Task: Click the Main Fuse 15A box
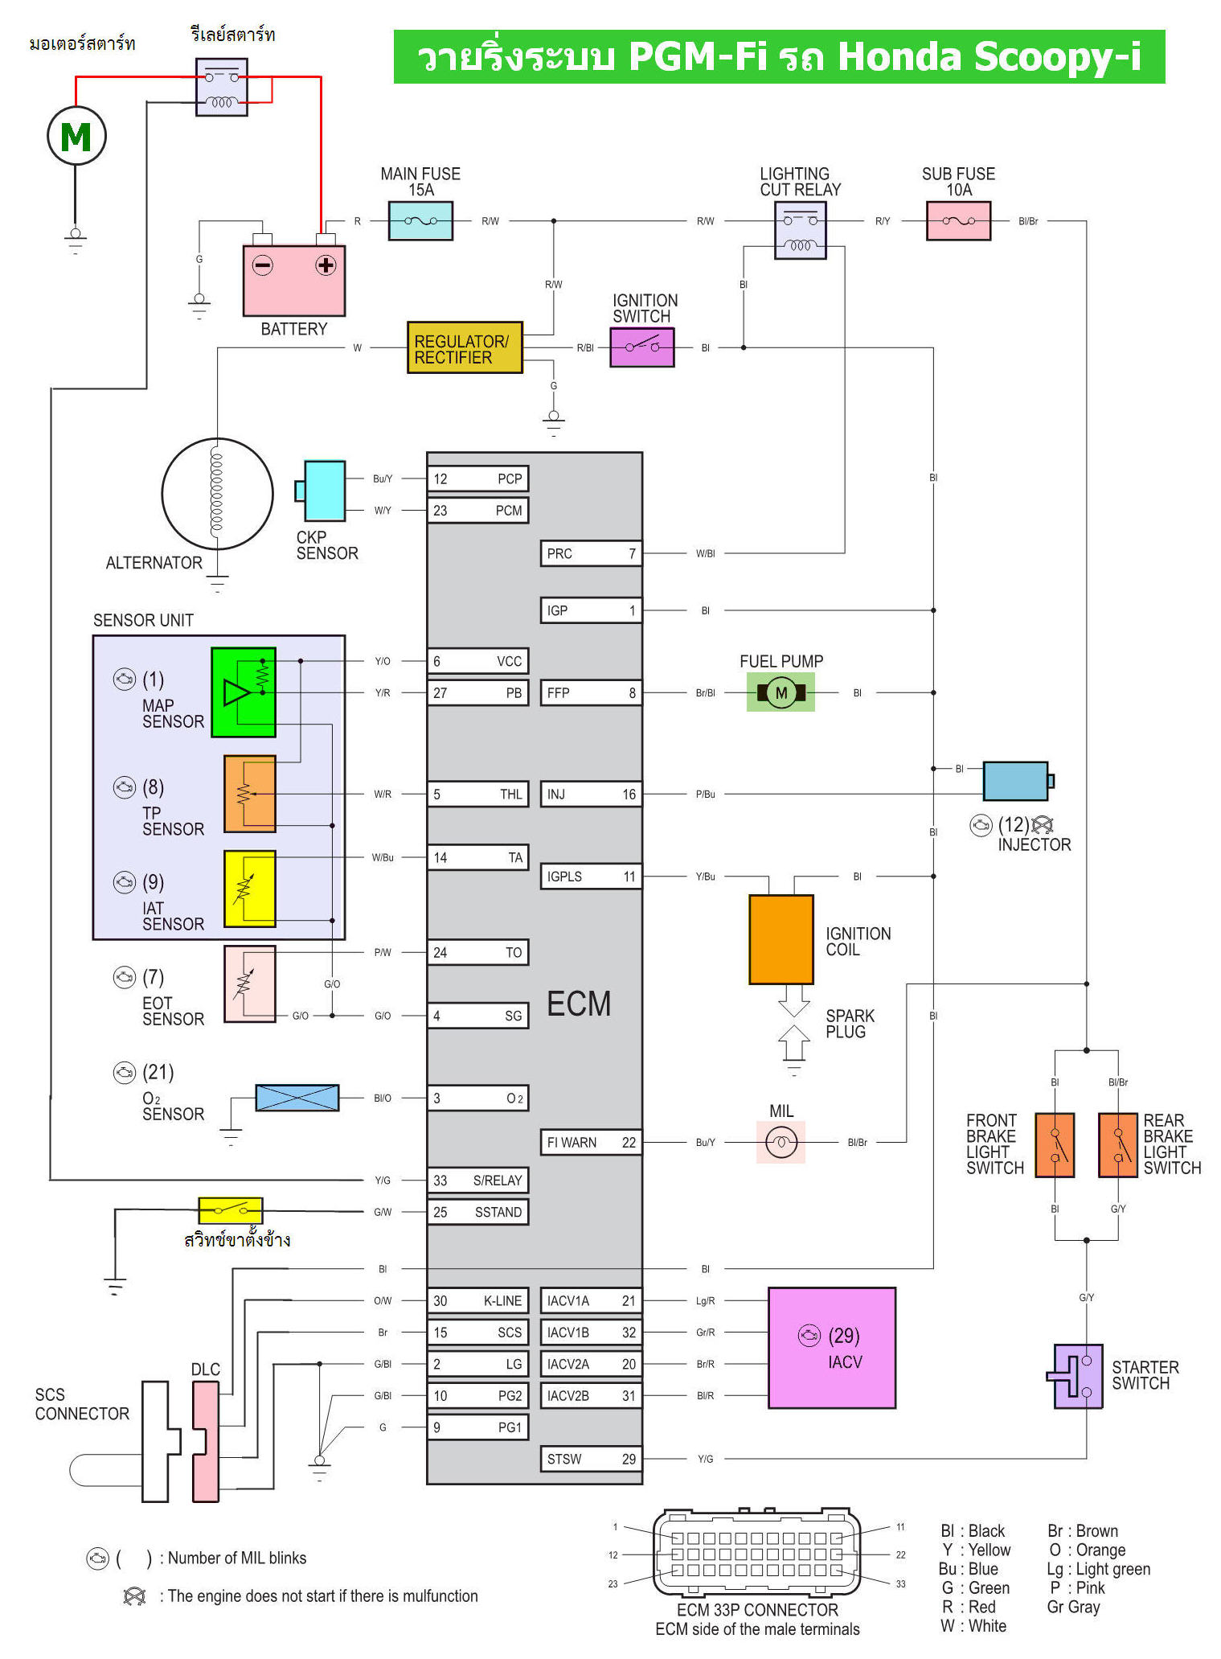click(x=420, y=220)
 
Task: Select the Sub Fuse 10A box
click(x=958, y=220)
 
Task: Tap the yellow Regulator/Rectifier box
click(x=465, y=348)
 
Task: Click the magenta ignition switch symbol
click(x=641, y=347)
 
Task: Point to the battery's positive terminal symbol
click(x=326, y=265)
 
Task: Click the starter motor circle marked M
click(x=76, y=136)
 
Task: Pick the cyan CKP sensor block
click(x=324, y=491)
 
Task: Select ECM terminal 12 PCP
click(x=477, y=478)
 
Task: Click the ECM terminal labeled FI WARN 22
click(x=591, y=1142)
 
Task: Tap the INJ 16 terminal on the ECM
click(x=591, y=794)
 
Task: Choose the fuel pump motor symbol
click(x=781, y=692)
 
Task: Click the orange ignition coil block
click(x=781, y=939)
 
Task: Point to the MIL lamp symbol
click(x=781, y=1142)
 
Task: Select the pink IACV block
click(x=831, y=1348)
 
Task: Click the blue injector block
click(x=1016, y=781)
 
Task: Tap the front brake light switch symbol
click(x=1055, y=1145)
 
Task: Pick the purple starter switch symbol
click(x=1077, y=1375)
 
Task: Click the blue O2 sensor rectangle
click(x=297, y=1098)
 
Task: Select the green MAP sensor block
click(x=243, y=692)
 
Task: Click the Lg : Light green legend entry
click(x=1098, y=1569)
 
